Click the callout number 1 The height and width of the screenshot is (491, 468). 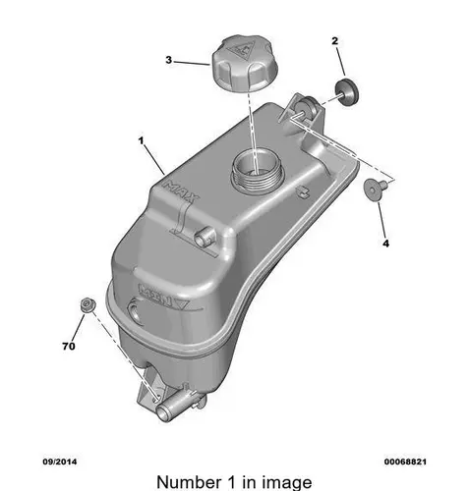point(141,140)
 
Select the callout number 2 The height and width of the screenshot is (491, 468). point(334,41)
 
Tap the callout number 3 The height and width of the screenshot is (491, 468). point(168,60)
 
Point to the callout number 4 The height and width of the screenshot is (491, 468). point(386,244)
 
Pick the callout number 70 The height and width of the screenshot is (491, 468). point(69,346)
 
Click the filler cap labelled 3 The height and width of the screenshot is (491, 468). point(245,64)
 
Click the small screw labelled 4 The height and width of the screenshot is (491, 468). point(375,190)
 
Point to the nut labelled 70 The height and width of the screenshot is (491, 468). point(88,305)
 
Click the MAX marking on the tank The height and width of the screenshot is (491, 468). point(181,191)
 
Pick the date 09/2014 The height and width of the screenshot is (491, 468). point(60,462)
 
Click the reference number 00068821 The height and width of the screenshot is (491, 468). point(405,462)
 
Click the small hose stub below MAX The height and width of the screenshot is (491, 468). point(204,237)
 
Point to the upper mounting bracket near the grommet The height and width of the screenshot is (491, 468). point(303,112)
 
